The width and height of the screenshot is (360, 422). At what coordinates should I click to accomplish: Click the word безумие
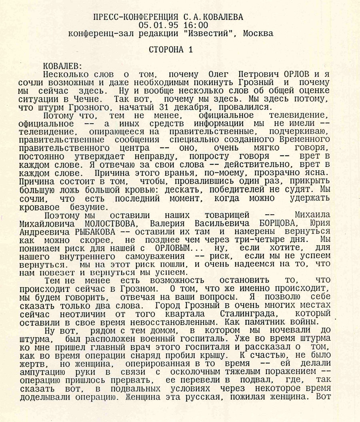tap(88, 207)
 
